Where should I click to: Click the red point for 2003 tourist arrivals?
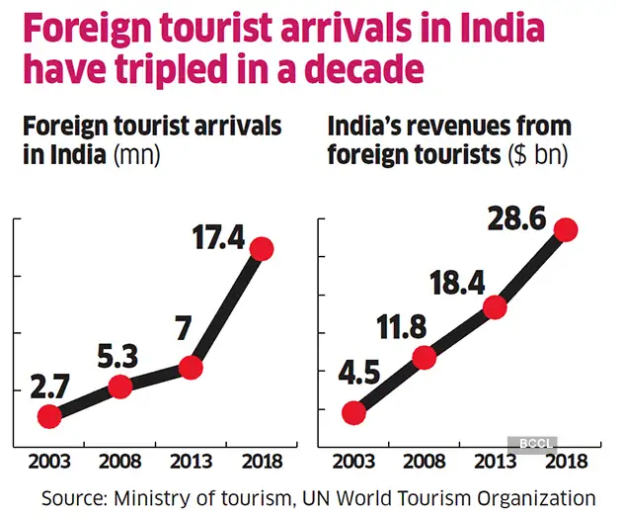pyautogui.click(x=48, y=416)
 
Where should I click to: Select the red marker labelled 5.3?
pyautogui.click(x=119, y=387)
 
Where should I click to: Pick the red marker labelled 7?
pyautogui.click(x=191, y=368)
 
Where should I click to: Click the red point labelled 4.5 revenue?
pyautogui.click(x=352, y=413)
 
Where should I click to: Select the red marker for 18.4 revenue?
pyautogui.click(x=494, y=307)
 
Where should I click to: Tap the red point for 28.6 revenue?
pyautogui.click(x=565, y=229)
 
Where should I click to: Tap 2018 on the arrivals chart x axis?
pyautogui.click(x=262, y=462)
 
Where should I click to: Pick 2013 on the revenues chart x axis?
pyautogui.click(x=493, y=462)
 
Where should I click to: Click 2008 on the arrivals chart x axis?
pyautogui.click(x=119, y=462)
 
